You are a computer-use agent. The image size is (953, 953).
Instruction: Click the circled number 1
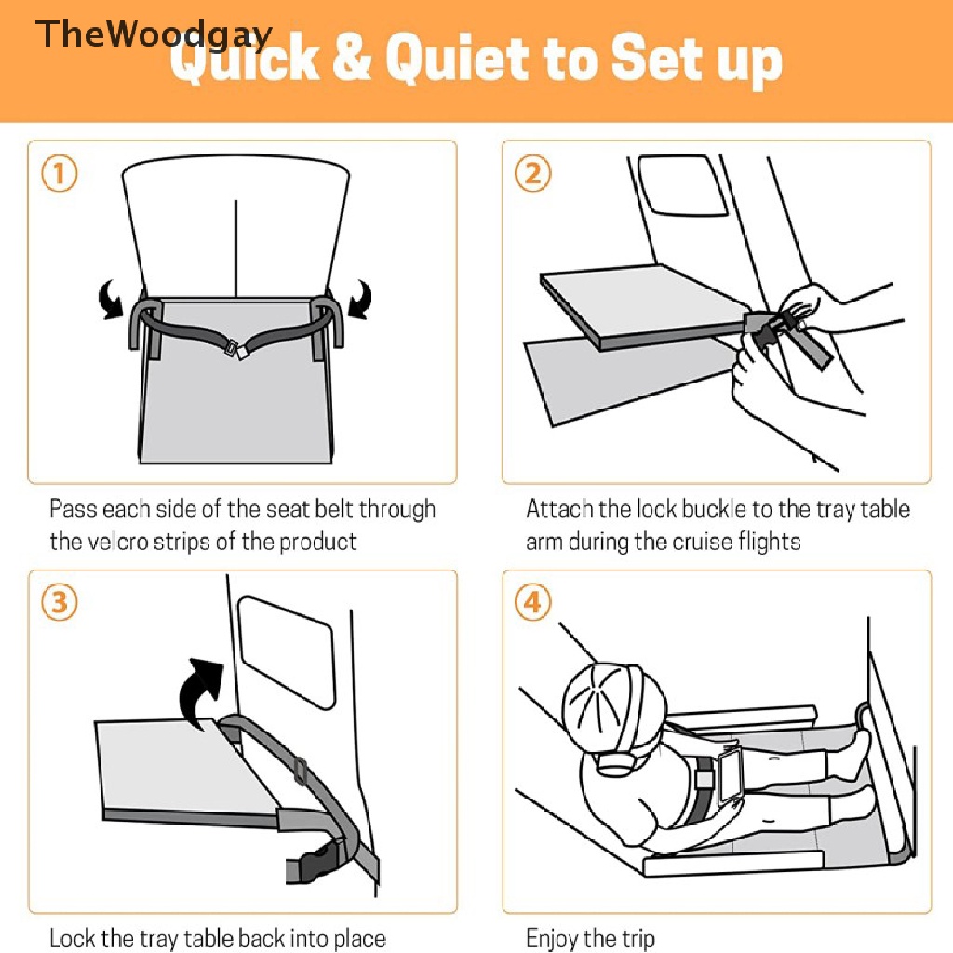[x=60, y=174]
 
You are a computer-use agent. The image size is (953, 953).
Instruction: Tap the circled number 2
[x=533, y=174]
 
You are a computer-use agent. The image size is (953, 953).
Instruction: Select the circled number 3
[x=60, y=602]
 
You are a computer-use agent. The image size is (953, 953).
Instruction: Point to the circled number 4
[x=533, y=602]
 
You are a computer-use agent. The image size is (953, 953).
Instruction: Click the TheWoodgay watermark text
[x=154, y=34]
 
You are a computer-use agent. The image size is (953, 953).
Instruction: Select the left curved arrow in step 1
[x=111, y=299]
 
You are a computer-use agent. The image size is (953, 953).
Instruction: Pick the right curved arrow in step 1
[x=361, y=299]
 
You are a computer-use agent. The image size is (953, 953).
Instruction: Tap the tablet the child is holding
[x=730, y=779]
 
